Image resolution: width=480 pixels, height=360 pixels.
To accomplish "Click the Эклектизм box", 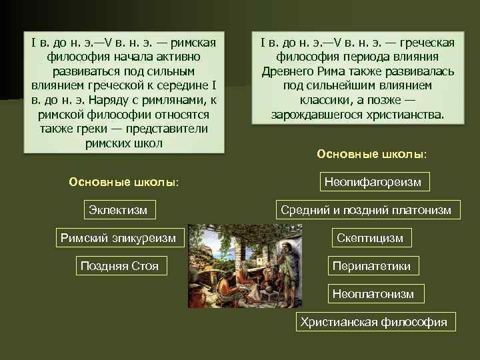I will [x=119, y=210].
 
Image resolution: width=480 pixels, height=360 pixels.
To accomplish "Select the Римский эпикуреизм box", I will [x=119, y=237].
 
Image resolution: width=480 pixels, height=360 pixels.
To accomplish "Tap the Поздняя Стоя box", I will [x=119, y=266].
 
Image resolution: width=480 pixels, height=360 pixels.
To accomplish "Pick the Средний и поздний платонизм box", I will [x=366, y=210].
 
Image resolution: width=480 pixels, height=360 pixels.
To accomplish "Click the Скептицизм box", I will [x=370, y=238].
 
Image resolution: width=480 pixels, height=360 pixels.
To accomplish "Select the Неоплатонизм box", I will [x=373, y=293].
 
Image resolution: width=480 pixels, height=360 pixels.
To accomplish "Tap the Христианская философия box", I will [x=373, y=322].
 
